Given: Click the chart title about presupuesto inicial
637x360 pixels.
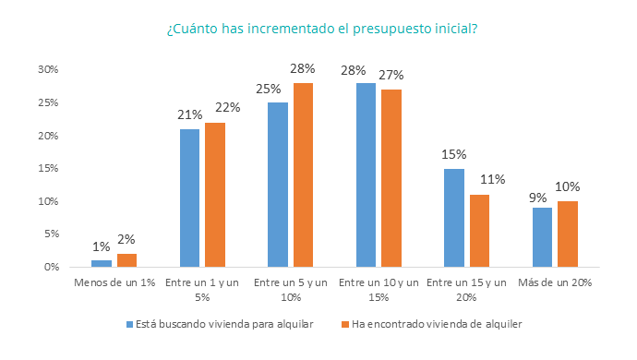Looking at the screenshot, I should point(321,28).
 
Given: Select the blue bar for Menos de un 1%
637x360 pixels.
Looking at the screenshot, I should point(102,263).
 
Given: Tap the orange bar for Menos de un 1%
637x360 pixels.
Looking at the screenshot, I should point(126,260).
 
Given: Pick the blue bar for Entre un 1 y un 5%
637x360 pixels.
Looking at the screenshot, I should point(189,198).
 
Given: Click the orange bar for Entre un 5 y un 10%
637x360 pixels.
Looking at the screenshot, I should point(304,175).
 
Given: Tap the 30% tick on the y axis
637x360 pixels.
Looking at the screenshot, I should point(47,69).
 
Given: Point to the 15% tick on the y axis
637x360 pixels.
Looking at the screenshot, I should point(47,169).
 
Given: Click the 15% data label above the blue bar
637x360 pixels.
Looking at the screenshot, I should point(454,154).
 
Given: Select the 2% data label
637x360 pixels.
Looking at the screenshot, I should point(126,240).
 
